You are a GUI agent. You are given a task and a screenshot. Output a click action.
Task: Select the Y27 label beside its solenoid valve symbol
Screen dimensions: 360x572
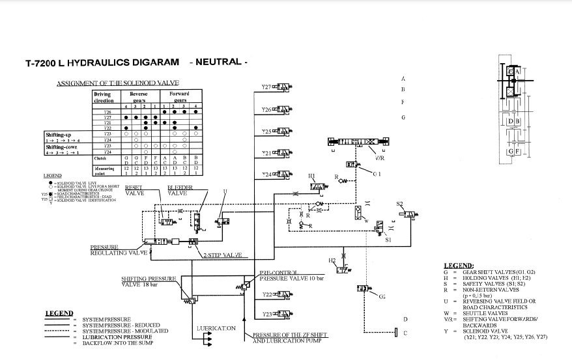(266, 87)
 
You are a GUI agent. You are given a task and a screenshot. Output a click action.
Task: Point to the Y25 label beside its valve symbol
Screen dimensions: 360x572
(266, 132)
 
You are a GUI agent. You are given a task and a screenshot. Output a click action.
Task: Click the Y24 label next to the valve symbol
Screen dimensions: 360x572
(266, 174)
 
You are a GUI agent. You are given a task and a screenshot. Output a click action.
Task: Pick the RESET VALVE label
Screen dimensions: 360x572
(135, 189)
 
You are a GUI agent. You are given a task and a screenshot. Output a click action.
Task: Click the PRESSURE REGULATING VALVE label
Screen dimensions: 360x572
(119, 250)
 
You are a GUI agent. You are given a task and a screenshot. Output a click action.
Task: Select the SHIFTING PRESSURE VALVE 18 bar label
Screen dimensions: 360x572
(149, 281)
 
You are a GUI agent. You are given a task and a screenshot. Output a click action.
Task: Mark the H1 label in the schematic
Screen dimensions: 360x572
(311, 176)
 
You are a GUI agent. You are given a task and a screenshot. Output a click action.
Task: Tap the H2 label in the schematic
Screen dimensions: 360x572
(332, 260)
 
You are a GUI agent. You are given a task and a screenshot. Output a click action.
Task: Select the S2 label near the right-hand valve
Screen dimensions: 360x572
(400, 204)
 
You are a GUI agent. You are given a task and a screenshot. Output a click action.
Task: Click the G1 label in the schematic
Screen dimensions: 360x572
(377, 174)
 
